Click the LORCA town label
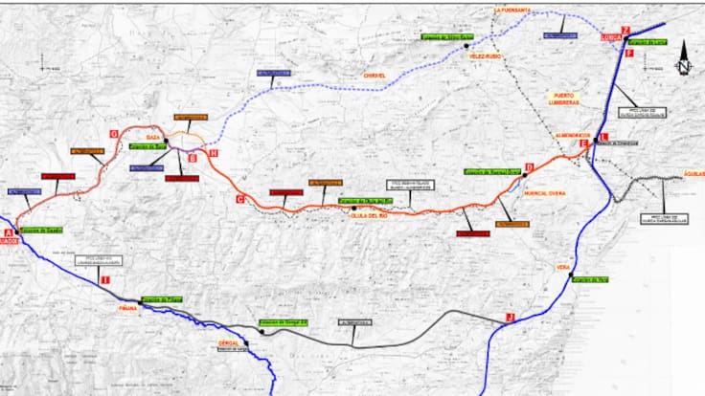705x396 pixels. [611, 38]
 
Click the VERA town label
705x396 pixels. [562, 268]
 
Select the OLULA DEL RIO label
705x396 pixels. [367, 215]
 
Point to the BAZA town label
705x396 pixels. [152, 137]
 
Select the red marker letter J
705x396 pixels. [511, 317]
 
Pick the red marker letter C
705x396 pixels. [239, 198]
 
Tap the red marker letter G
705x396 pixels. [113, 133]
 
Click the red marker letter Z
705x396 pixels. [625, 30]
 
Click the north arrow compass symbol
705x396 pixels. [683, 59]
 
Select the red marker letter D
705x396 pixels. [531, 165]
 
